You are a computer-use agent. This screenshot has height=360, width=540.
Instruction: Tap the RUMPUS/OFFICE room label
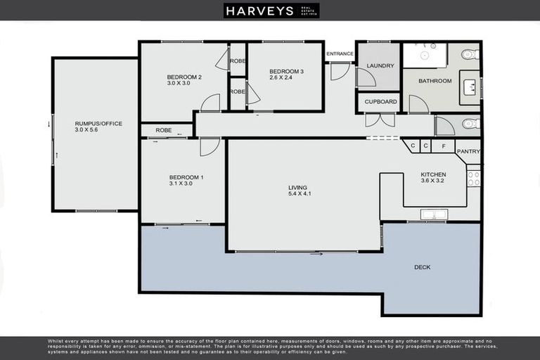98,124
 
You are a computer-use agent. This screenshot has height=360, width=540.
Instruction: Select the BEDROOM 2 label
184,77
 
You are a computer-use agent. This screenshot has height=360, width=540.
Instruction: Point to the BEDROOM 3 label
286,71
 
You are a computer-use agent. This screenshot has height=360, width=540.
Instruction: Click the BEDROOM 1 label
186,177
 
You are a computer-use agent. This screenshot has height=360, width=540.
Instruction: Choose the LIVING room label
297,188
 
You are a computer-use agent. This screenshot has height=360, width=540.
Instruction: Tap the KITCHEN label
433,174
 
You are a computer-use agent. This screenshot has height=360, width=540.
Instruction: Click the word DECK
423,267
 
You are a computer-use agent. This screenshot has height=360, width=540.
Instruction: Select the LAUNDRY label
380,66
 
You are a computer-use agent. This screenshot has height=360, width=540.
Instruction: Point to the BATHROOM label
435,81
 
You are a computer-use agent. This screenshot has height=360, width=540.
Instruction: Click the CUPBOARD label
380,102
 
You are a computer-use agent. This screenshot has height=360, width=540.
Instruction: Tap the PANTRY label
468,151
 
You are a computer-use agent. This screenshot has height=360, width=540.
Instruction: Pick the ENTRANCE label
340,53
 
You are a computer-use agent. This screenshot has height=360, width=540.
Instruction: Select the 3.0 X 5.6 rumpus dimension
98,130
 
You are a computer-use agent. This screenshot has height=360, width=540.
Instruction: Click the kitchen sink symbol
434,214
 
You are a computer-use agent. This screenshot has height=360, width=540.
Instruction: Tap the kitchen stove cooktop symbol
474,176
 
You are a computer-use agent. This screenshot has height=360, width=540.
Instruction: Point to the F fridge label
443,146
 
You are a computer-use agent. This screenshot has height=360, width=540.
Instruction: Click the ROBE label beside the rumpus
164,130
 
